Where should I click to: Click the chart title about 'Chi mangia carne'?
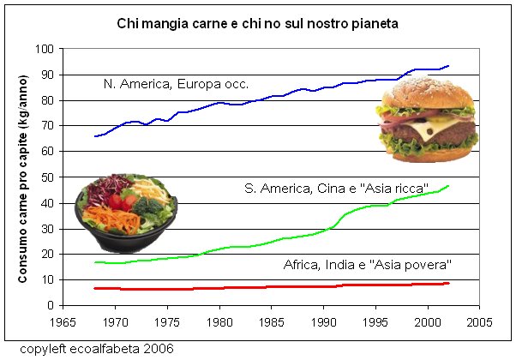coord(257,24)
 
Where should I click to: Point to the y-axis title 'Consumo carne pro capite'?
coord(22,178)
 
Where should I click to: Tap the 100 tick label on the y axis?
coord(45,49)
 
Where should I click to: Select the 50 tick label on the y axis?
coord(48,177)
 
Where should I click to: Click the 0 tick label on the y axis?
coord(51,305)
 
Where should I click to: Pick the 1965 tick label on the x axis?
coord(63,322)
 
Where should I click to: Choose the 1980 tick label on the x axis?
coord(219,322)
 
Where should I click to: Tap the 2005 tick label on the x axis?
coord(479,322)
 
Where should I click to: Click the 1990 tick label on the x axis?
coord(323,322)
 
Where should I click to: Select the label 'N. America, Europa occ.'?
coord(176,84)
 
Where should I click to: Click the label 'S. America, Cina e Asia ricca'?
coord(336,189)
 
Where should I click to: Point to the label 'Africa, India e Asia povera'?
coord(367,265)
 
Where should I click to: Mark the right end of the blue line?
coord(448,66)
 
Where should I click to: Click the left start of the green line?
coord(95,262)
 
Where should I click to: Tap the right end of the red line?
coord(448,283)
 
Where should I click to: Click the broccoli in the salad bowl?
coord(148,207)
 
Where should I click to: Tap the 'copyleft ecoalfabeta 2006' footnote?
coord(97,349)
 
